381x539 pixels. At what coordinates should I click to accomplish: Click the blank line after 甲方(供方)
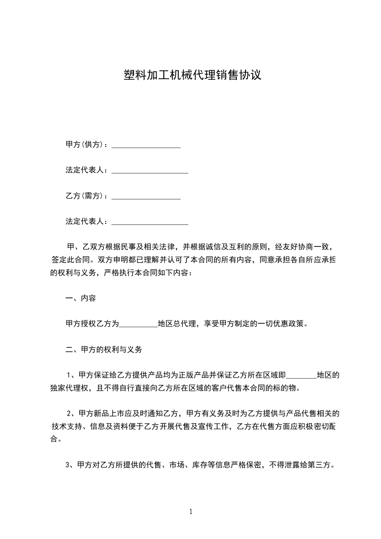tap(146, 146)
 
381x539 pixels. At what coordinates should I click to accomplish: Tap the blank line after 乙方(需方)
tap(146, 197)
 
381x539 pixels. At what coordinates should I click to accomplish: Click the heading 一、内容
tap(80, 298)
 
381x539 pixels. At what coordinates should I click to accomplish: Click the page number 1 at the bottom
tap(191, 512)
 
